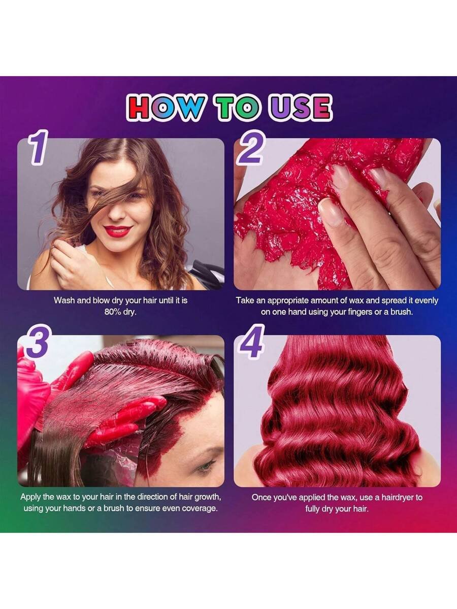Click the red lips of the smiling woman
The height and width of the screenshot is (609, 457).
[117, 231]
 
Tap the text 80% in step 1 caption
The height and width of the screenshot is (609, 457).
[113, 312]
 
